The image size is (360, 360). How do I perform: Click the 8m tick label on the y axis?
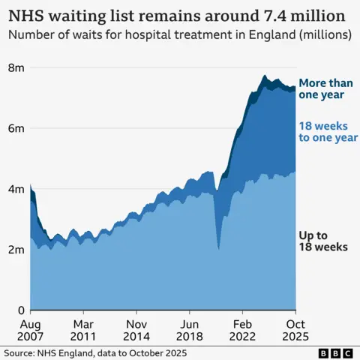coord(16,67)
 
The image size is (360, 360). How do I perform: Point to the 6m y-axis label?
coord(16,128)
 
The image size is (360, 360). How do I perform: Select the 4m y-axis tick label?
coord(16,189)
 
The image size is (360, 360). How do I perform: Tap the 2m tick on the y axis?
coord(16,250)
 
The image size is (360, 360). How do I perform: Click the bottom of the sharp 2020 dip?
coord(218,248)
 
